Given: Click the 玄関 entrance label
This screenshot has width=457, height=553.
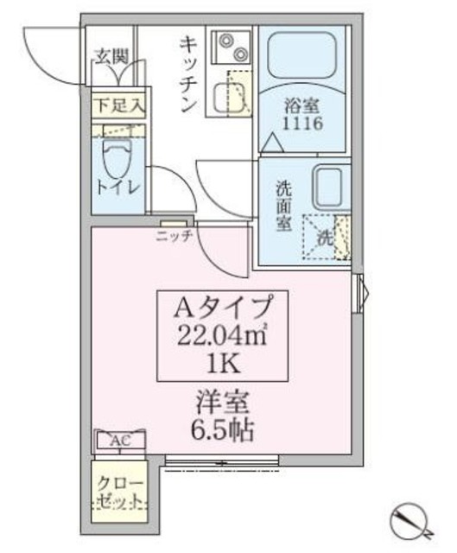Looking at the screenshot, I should coord(111,57).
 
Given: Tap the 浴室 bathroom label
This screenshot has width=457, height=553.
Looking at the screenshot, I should coord(303,105).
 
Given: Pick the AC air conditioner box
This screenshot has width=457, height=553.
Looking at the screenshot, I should coord(120,441).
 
